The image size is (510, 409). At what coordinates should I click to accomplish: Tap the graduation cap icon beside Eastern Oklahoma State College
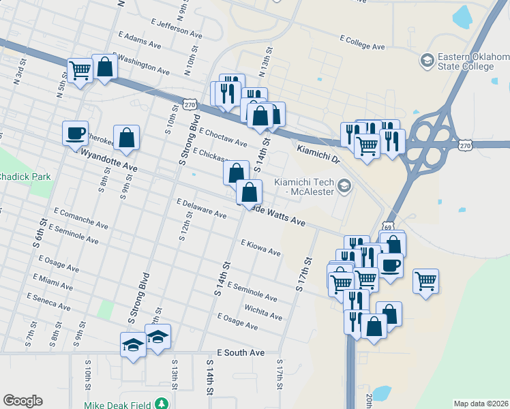point(427,61)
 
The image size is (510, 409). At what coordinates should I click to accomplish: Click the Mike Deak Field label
point(118,404)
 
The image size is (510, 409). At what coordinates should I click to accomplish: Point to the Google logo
point(22,400)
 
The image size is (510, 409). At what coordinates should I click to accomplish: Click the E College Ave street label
point(361,42)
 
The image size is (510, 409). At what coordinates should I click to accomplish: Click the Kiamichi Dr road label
point(318,151)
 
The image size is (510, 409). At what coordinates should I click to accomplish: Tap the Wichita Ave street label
point(263,312)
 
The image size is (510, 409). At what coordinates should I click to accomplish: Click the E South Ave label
point(240,353)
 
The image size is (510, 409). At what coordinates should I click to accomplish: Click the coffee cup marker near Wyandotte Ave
point(75,133)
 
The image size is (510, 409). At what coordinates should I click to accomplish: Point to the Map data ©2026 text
point(480,404)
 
